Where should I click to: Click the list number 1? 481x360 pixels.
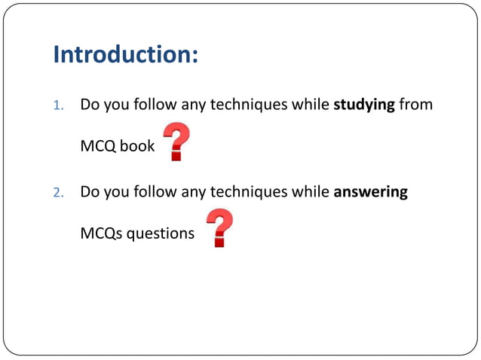pyautogui.click(x=57, y=105)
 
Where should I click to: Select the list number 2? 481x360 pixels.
pyautogui.click(x=57, y=192)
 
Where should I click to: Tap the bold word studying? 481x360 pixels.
pyautogui.click(x=364, y=105)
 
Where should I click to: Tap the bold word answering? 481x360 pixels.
pyautogui.click(x=370, y=191)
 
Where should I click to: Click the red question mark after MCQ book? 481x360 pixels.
pyautogui.click(x=176, y=142)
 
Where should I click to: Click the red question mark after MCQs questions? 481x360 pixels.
pyautogui.click(x=219, y=229)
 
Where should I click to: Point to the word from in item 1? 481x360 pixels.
pyautogui.click(x=416, y=105)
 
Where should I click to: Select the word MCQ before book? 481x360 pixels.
pyautogui.click(x=97, y=146)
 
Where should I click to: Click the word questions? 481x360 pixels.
pyautogui.click(x=160, y=233)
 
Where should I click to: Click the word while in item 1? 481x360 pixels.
pyautogui.click(x=309, y=105)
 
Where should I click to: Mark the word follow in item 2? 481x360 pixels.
pyautogui.click(x=155, y=191)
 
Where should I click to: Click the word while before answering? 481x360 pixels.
pyautogui.click(x=309, y=191)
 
